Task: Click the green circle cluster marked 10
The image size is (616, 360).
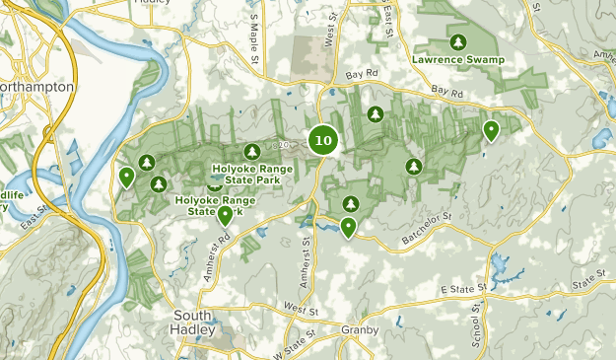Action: (x=323, y=140)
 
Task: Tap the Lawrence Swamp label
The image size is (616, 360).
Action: (x=458, y=60)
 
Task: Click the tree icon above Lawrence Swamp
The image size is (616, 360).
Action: (x=457, y=42)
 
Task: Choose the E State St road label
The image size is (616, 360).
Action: (x=462, y=289)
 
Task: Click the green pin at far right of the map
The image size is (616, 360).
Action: (x=491, y=130)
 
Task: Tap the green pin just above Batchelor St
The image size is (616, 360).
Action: (x=348, y=228)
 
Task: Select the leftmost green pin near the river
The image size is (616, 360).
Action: (x=126, y=177)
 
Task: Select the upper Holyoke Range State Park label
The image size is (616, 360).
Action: (x=254, y=174)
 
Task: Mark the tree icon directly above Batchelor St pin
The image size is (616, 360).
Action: (x=349, y=203)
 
